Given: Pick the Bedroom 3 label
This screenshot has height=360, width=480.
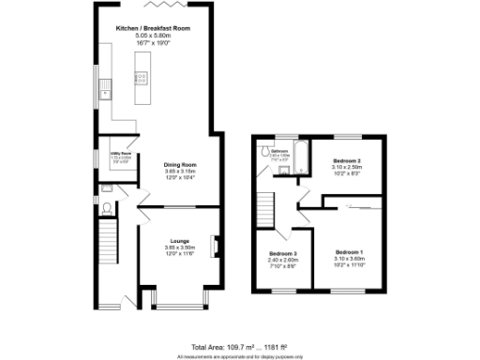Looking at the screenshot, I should [x=283, y=254].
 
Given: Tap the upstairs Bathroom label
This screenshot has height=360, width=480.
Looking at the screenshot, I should [x=280, y=150].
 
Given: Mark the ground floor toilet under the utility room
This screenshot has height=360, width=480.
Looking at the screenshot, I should [x=108, y=207].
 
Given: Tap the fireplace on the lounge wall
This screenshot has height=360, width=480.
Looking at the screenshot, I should [x=215, y=247].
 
